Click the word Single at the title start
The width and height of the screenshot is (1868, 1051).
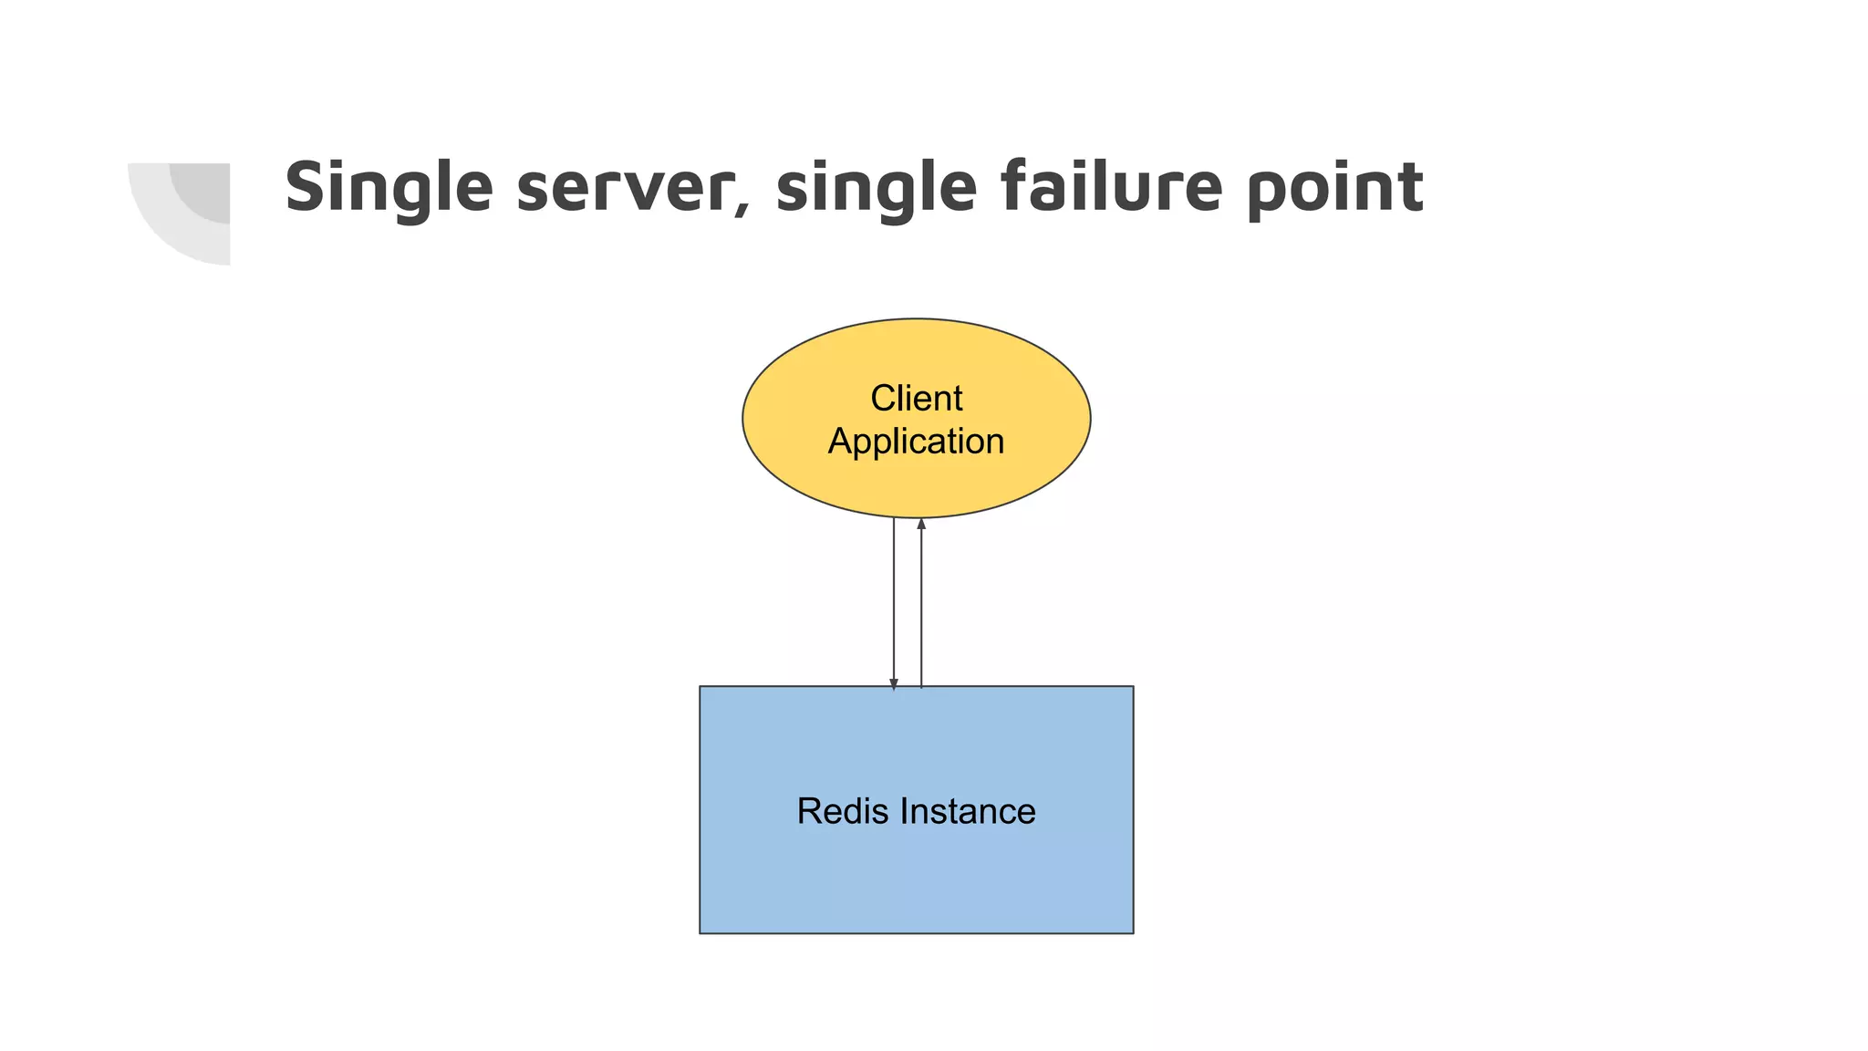tap(389, 188)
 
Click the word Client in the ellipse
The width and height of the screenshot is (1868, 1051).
tap(916, 399)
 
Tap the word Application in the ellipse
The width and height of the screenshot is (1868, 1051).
tap(916, 442)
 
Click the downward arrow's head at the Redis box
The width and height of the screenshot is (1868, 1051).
tap(894, 683)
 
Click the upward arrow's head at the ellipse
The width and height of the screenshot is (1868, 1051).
tap(921, 524)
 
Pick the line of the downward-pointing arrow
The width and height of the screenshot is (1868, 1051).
tap(894, 602)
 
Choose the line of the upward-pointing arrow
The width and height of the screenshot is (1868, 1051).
tap(921, 602)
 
